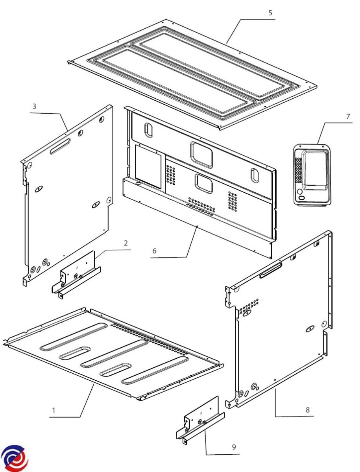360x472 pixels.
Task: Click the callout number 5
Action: click(x=270, y=13)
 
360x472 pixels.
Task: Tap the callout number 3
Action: click(x=34, y=106)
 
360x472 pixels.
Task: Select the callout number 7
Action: click(x=348, y=116)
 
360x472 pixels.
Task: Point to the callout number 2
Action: click(x=126, y=243)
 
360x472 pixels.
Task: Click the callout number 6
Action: click(x=154, y=251)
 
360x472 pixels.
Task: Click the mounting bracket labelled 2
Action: click(x=76, y=275)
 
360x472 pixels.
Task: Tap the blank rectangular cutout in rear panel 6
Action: click(x=148, y=166)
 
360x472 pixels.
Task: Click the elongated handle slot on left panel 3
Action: click(x=60, y=146)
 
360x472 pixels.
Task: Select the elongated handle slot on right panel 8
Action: click(x=271, y=271)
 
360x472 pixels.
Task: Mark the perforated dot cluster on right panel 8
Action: click(x=249, y=306)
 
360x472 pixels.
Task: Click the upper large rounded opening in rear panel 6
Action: click(x=201, y=155)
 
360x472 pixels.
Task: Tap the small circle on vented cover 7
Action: click(x=299, y=192)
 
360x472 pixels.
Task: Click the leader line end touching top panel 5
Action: click(x=226, y=43)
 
